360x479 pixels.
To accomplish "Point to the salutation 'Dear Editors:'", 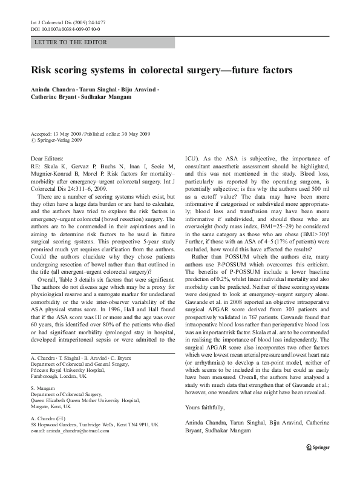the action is pyautogui.click(x=47, y=158).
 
